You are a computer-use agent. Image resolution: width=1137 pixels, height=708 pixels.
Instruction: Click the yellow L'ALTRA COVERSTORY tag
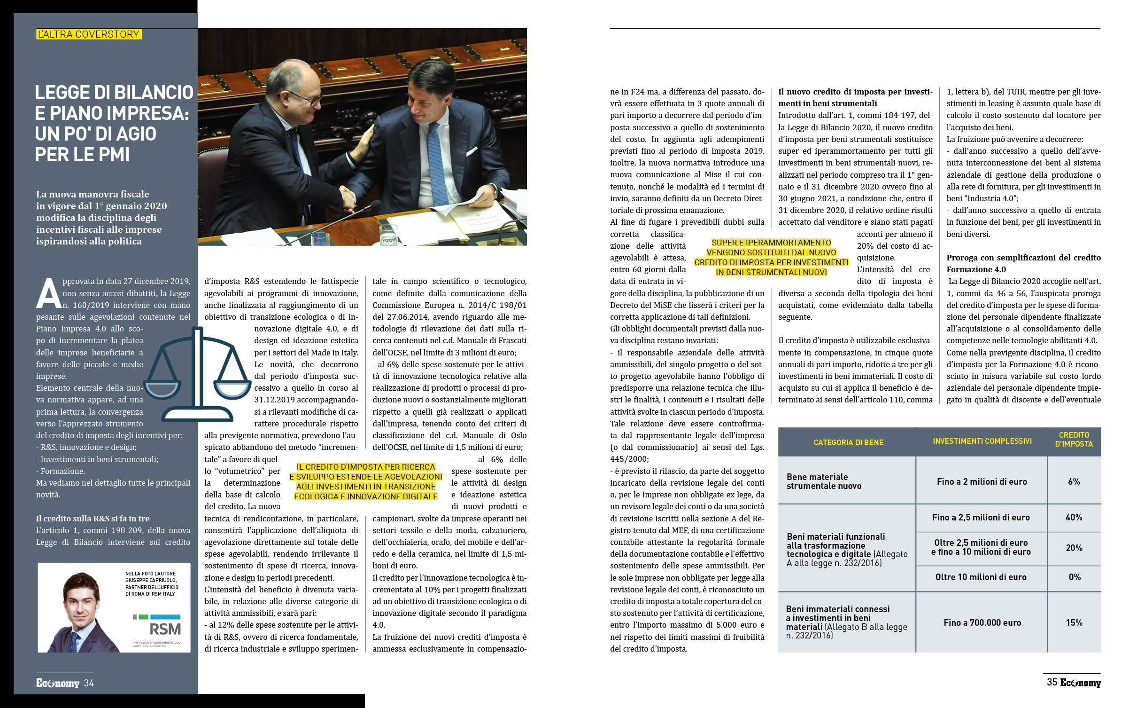click(x=89, y=34)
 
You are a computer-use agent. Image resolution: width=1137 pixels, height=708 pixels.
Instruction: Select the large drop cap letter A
click(x=48, y=293)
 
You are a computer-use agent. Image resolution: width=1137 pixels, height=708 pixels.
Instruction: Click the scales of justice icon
click(x=197, y=374)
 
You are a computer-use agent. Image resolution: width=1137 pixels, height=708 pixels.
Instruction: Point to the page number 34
click(x=89, y=683)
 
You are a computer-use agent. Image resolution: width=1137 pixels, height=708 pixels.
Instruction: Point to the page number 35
click(x=1052, y=682)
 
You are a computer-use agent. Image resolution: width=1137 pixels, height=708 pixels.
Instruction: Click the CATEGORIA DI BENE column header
click(x=848, y=442)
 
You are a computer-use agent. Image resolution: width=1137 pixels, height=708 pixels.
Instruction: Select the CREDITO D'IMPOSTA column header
click(x=1074, y=440)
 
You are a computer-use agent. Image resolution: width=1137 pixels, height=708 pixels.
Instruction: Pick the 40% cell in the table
click(x=1074, y=518)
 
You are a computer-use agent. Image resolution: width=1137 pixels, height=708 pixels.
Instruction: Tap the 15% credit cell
click(x=1074, y=623)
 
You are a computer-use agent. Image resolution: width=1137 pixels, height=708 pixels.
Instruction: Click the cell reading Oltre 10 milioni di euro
click(x=981, y=577)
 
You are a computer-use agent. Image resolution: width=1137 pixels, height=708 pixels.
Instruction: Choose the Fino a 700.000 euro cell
click(x=982, y=623)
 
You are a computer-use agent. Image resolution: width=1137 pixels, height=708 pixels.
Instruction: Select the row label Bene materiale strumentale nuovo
click(x=824, y=481)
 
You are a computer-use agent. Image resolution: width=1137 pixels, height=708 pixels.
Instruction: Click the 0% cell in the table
click(x=1074, y=577)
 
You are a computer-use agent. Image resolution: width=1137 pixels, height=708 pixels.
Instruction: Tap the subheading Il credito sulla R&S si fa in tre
click(x=93, y=519)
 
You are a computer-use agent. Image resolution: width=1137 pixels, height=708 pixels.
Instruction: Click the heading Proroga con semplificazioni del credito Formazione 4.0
click(x=1023, y=263)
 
